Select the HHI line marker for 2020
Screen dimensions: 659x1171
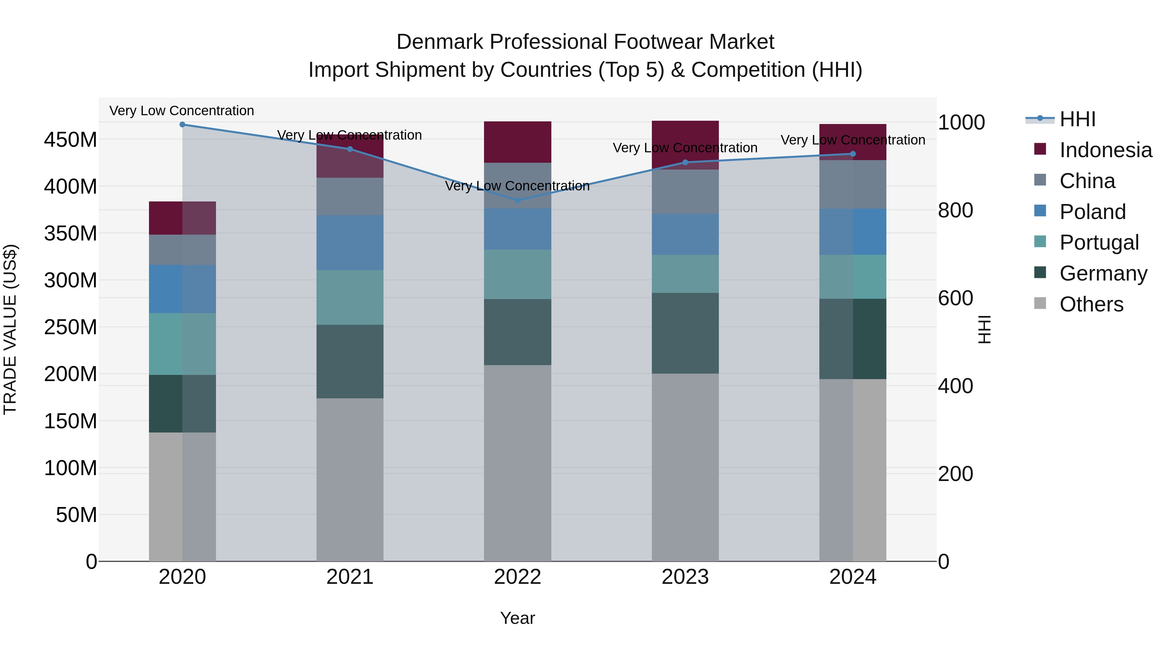coord(182,125)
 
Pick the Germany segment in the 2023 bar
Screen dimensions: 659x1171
coord(685,333)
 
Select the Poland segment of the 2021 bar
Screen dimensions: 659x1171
coord(350,242)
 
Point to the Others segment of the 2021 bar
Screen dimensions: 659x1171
coord(350,480)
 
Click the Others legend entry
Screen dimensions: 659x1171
coord(1091,304)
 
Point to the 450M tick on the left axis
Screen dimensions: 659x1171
coord(71,140)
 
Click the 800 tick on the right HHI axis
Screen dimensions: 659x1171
coord(956,211)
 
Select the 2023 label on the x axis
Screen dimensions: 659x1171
coord(685,577)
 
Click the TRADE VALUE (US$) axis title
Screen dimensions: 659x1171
coord(10,329)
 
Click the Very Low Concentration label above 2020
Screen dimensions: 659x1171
coord(182,111)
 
